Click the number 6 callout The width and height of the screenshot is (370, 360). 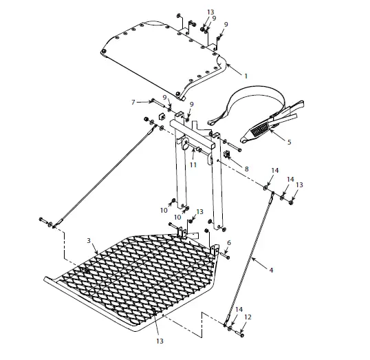pos(228,242)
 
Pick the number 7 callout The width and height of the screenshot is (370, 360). pos(133,102)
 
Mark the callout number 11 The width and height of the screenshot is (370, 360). pos(193,165)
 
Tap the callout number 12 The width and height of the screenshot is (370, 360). pos(248,317)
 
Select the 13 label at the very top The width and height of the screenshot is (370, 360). pos(210,12)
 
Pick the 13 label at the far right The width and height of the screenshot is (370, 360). pos(299,184)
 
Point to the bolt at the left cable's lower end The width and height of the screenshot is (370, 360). pos(46,222)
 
